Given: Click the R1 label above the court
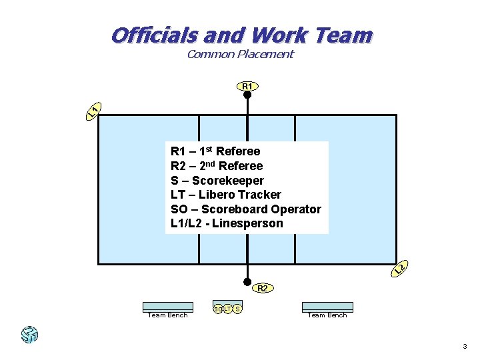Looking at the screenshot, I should click(247, 86).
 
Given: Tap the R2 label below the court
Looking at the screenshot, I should click(262, 289).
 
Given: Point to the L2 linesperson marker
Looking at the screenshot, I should click(399, 268).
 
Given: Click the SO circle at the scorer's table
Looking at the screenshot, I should click(217, 309).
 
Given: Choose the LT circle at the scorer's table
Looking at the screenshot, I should click(227, 309).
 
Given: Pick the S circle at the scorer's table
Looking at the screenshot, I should click(238, 309).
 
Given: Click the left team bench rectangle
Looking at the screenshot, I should click(167, 307).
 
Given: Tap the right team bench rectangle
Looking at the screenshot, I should click(327, 307).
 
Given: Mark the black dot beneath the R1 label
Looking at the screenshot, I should click(247, 95).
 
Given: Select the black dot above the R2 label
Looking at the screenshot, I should click(247, 281).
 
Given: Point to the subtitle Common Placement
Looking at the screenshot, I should click(240, 55).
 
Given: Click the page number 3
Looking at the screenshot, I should click(465, 347).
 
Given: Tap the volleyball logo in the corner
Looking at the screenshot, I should click(29, 334).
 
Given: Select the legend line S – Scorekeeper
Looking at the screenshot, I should click(217, 181).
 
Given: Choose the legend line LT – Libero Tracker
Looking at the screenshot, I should click(226, 195).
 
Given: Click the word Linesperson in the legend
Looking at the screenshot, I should click(247, 223).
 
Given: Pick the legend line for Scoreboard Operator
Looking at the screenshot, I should click(246, 209).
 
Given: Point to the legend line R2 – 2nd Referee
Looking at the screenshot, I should click(217, 166).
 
